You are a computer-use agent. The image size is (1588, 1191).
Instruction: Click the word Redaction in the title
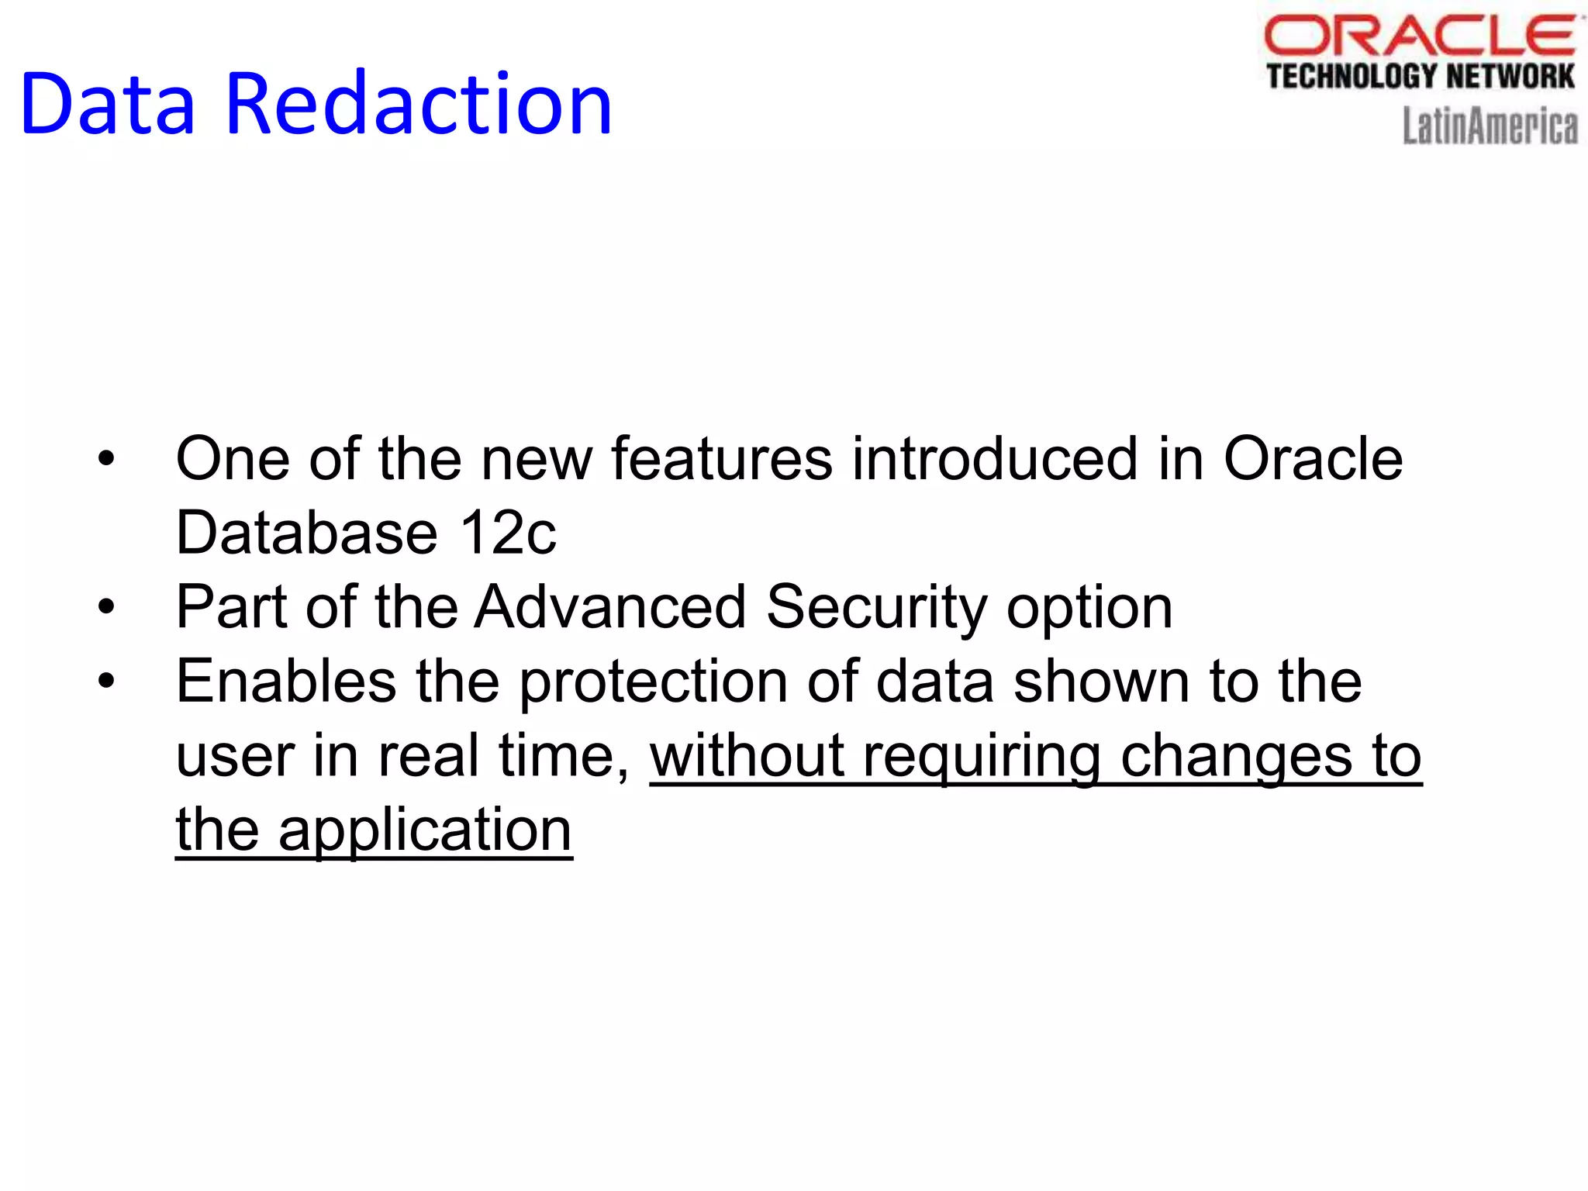[419, 105]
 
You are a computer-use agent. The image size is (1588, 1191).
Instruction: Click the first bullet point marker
[106, 459]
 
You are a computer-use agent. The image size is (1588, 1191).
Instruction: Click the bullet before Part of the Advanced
[106, 607]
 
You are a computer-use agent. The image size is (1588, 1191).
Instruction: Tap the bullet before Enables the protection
[106, 682]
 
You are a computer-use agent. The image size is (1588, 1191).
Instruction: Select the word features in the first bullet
[722, 459]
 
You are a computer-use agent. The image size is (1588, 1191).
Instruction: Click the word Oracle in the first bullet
[1313, 459]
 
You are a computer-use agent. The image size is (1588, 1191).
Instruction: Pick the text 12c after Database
[508, 533]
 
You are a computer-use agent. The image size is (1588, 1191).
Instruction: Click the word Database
[307, 533]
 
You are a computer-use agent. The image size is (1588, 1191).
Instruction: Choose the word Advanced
[610, 607]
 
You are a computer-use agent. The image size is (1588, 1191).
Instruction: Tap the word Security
[876, 607]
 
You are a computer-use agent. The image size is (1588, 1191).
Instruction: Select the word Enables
[286, 682]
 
